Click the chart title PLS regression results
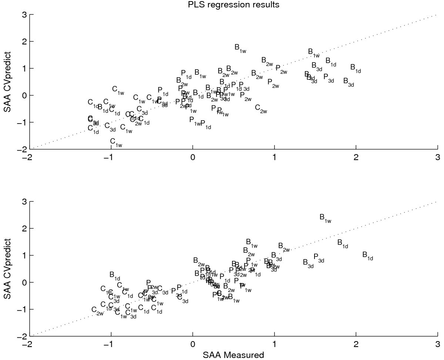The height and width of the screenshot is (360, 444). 221,5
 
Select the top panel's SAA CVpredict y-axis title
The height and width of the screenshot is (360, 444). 6,81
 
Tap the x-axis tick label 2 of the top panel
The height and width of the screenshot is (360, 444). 356,157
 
